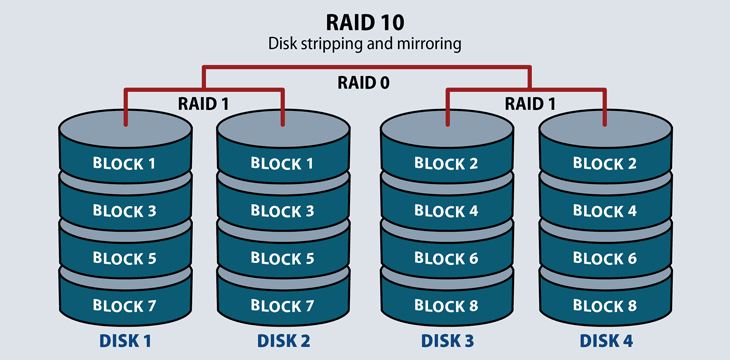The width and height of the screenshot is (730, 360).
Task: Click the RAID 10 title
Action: [364, 22]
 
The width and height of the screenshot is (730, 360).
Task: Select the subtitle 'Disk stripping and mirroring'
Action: [364, 44]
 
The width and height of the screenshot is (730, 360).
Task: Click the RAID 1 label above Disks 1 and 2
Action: [204, 102]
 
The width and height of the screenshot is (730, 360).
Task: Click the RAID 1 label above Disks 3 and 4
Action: [526, 102]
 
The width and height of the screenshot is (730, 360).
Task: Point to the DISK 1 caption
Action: [125, 340]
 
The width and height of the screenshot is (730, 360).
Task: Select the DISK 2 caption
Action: [283, 340]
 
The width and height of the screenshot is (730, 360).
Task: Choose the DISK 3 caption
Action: [446, 340]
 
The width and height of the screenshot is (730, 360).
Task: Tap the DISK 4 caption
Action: [605, 340]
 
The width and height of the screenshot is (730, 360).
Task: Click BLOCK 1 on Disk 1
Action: [124, 163]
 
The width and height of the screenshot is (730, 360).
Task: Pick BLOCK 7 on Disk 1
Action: [124, 305]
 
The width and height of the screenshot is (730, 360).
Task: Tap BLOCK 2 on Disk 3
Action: [446, 163]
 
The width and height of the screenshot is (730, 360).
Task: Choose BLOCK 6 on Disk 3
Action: [446, 258]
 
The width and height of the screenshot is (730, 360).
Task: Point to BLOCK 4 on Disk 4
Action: [604, 210]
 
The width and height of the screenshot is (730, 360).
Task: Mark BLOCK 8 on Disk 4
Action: [604, 305]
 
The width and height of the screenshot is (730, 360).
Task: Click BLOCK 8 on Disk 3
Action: [446, 305]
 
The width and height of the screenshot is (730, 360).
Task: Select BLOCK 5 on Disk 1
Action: [124, 258]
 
